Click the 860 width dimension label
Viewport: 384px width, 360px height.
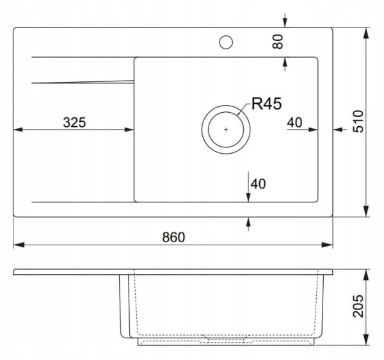173,237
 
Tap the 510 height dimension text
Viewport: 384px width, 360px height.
358,122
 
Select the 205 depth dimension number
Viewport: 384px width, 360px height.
358,306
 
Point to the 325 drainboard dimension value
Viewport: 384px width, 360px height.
74,122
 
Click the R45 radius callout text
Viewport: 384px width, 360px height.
267,103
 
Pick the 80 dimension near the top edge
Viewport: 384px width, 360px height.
278,42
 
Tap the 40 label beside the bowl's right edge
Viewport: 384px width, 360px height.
294,122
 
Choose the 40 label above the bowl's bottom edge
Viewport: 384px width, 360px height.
258,184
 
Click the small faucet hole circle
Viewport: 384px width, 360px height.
226,42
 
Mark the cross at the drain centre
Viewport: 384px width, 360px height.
226,129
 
